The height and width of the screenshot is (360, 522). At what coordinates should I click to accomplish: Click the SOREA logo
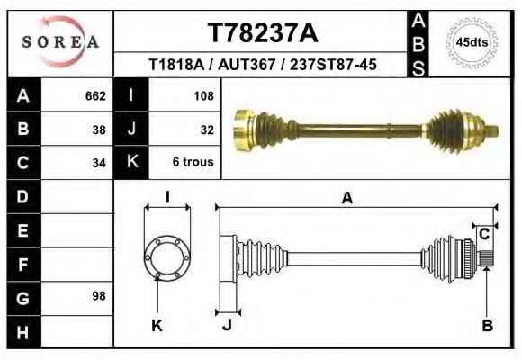click(60, 42)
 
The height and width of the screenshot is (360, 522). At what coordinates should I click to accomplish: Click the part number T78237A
click(263, 32)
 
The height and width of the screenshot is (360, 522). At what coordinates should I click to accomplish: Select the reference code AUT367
click(247, 65)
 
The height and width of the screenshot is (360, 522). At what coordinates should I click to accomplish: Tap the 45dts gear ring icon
click(472, 42)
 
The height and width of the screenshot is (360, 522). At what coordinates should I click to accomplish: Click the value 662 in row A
click(95, 96)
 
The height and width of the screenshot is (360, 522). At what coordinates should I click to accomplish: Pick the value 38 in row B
click(99, 130)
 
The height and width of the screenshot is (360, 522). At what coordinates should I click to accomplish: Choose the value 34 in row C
click(99, 163)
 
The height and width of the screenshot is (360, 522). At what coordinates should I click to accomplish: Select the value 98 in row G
click(99, 296)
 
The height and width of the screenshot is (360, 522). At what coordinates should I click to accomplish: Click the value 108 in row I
click(203, 96)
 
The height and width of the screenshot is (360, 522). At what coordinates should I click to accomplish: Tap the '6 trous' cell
click(193, 162)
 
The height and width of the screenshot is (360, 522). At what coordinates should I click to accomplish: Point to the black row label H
click(23, 332)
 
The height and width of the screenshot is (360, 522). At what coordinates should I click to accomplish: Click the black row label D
click(23, 196)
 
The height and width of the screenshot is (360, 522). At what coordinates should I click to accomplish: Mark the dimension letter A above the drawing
click(347, 198)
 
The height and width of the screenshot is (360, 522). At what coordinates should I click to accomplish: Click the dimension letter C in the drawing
click(484, 234)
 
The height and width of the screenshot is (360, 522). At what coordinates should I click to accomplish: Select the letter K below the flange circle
click(157, 326)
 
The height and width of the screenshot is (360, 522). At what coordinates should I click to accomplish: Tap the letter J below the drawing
click(227, 325)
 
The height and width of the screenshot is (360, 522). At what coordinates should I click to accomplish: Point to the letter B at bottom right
click(488, 325)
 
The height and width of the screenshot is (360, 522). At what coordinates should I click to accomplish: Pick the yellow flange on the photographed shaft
click(243, 130)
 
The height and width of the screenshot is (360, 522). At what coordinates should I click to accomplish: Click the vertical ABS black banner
click(418, 44)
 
